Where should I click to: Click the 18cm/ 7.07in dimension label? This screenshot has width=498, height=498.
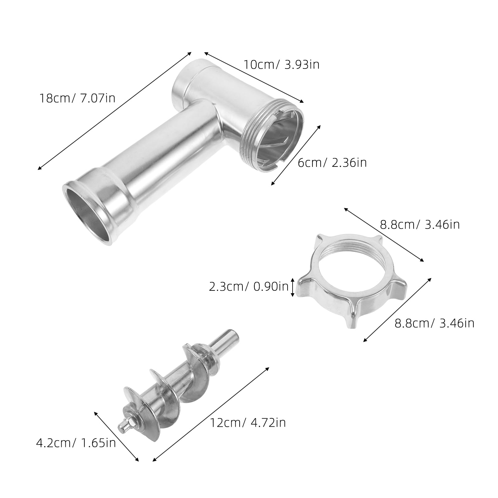click(77, 98)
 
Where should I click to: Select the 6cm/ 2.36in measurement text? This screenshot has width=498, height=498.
click(332, 162)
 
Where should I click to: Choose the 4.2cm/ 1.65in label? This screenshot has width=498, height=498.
click(76, 443)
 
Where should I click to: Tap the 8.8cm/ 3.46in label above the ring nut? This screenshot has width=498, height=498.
click(420, 224)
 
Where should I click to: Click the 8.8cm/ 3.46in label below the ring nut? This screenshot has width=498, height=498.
click(435, 323)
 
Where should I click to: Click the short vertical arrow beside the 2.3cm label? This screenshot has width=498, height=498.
click(293, 287)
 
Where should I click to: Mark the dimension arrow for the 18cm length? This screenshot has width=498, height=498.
click(114, 111)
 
